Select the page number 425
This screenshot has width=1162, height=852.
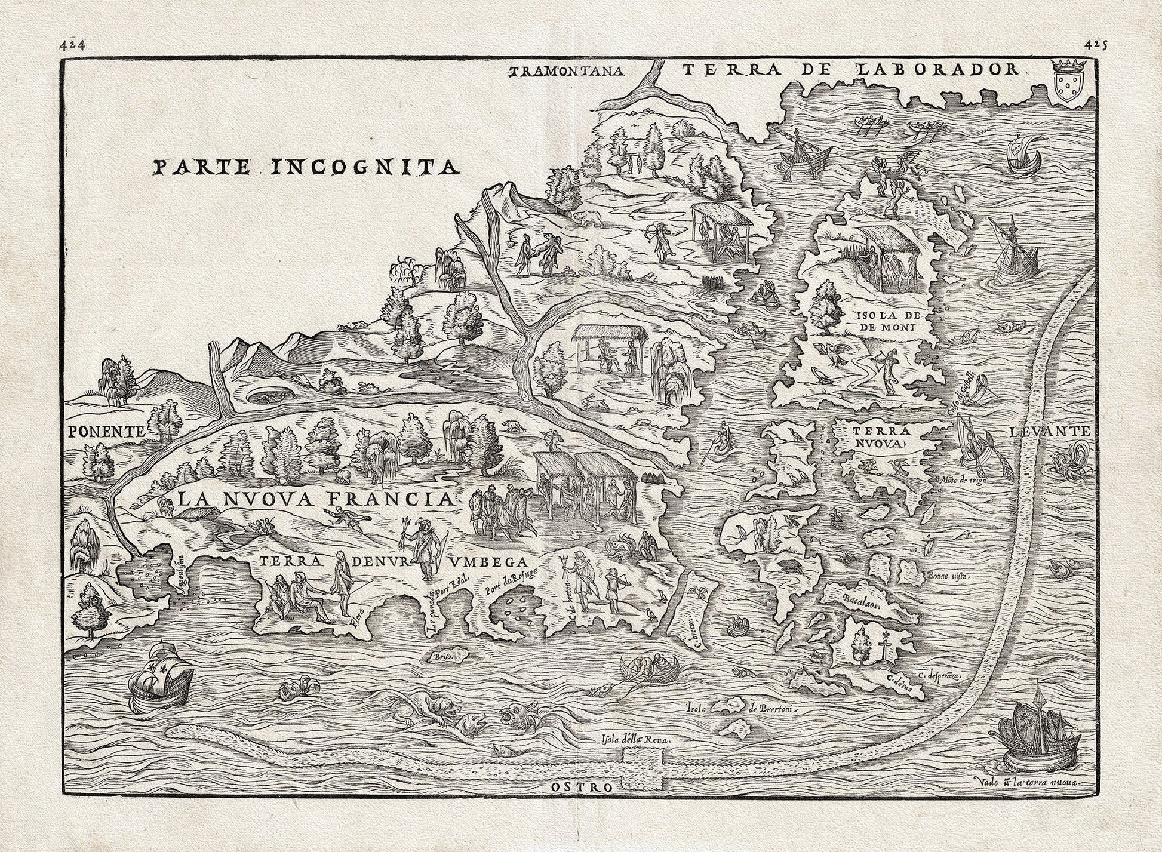1092,44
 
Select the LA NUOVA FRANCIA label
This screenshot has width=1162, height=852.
313,499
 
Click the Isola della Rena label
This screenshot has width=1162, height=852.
636,738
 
